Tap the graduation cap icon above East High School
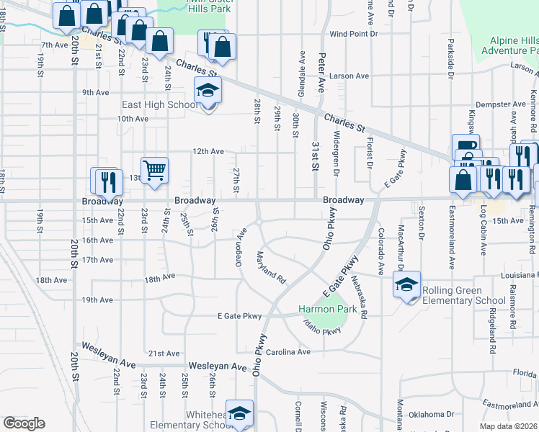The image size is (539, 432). [x=208, y=91]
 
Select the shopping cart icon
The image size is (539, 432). [x=154, y=171]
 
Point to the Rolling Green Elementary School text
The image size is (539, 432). [x=463, y=295]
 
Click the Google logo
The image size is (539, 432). [x=24, y=423]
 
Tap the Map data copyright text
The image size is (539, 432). [x=508, y=426]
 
